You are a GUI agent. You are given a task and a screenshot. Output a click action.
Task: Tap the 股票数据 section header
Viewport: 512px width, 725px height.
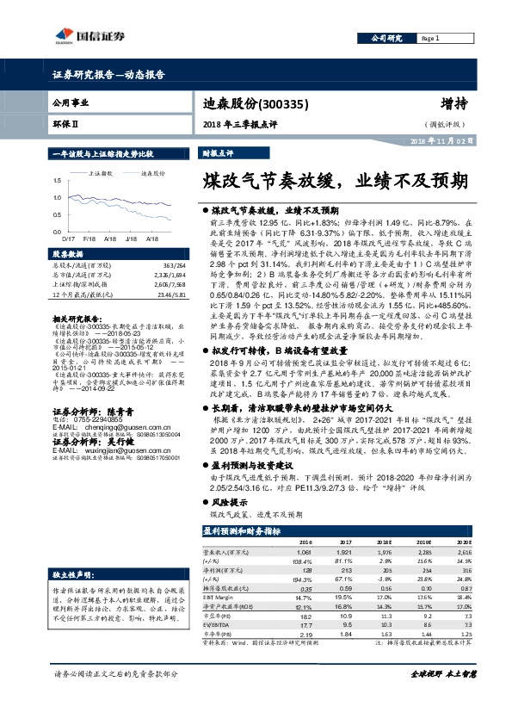coord(68,255)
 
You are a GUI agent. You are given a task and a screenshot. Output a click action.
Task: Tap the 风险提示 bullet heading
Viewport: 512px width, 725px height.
coord(228,500)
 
